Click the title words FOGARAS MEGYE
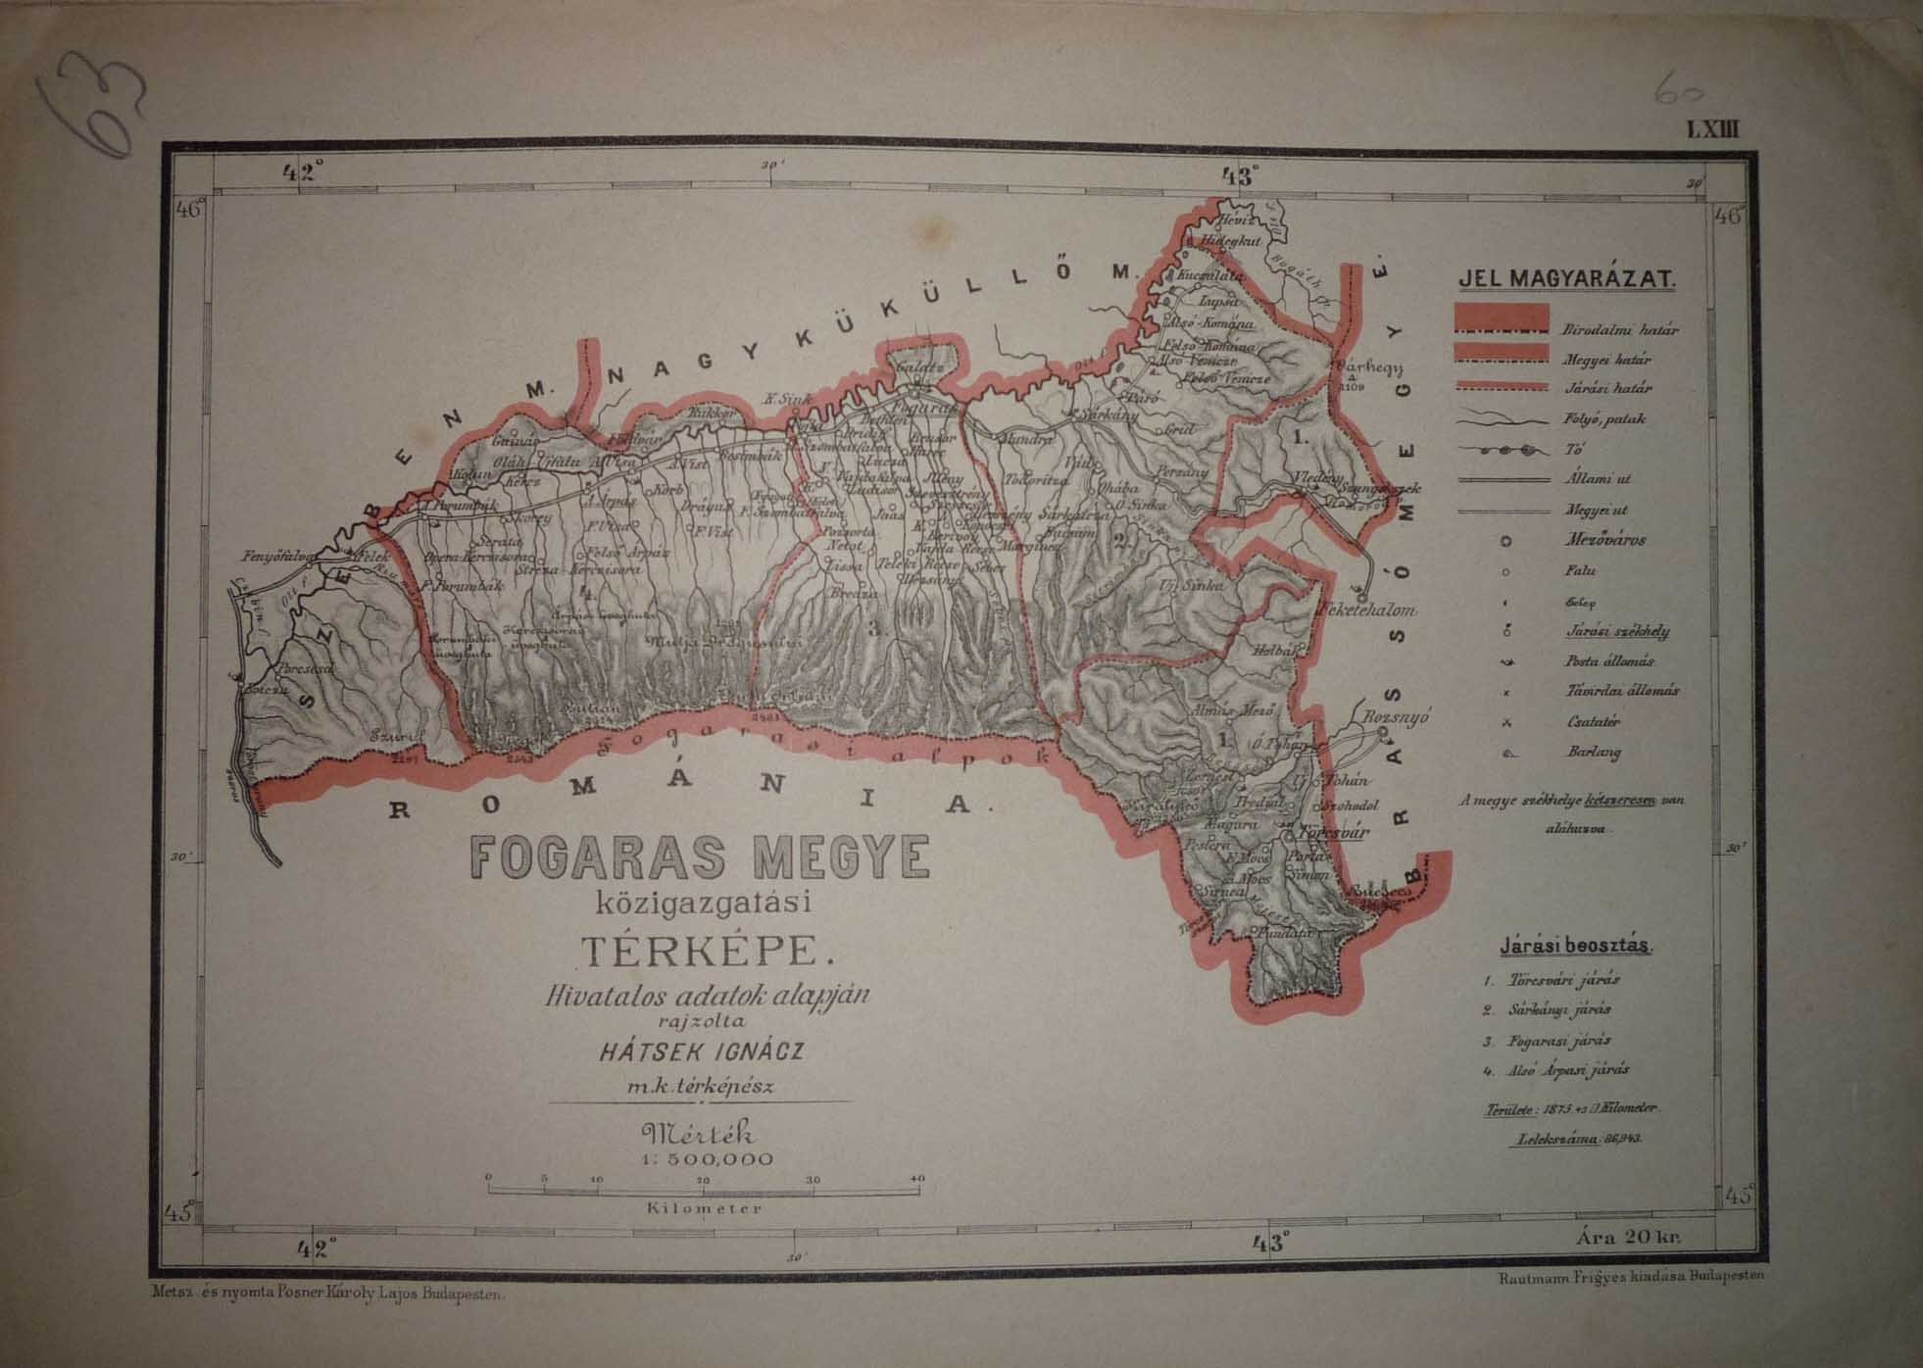pyautogui.click(x=700, y=856)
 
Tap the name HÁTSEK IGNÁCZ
pyautogui.click(x=702, y=1052)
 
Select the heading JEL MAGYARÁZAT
pyautogui.click(x=1567, y=279)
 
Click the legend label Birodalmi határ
pyautogui.click(x=1619, y=330)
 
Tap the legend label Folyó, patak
pyautogui.click(x=1604, y=419)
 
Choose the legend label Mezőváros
pyautogui.click(x=1604, y=540)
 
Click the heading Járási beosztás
pyautogui.click(x=1574, y=948)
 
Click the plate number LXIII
pyautogui.click(x=1711, y=128)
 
